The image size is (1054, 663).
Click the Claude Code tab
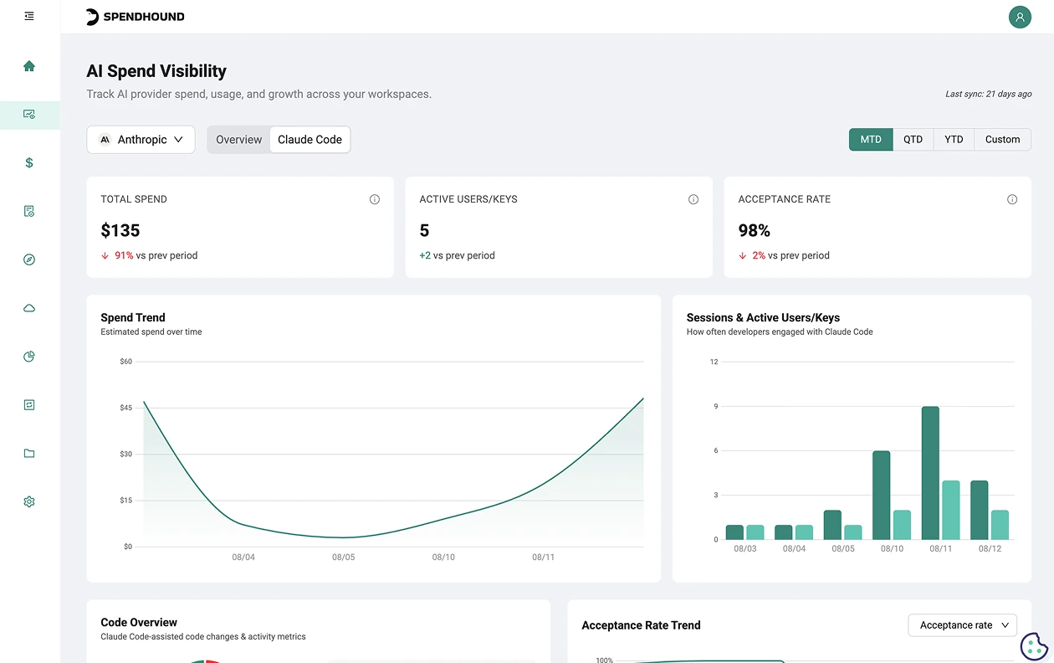coord(310,139)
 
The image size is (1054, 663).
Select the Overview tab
coord(238,139)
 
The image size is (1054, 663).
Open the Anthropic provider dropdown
coord(141,139)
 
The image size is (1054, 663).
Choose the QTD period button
coord(913,139)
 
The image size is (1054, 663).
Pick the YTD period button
coord(954,139)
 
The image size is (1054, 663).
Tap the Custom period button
coord(1003,139)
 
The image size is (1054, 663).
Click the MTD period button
coord(871,139)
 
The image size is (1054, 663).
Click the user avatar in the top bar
coord(1020,17)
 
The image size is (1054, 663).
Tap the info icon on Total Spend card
coord(375,199)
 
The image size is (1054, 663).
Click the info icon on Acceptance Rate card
coord(1012,199)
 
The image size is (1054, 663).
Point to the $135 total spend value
coord(120,230)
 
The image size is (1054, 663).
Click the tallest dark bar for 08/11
coord(930,473)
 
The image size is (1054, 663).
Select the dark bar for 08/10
coord(882,495)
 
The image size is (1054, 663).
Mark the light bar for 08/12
coord(1000,525)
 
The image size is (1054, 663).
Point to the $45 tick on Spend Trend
coord(126,408)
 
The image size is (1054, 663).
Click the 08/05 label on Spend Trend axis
coord(344,557)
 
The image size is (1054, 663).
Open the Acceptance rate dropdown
coord(962,624)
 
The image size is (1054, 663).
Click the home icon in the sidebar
coord(29,66)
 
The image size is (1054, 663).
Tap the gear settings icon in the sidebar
coord(29,501)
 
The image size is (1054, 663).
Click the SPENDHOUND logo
coord(136,17)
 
